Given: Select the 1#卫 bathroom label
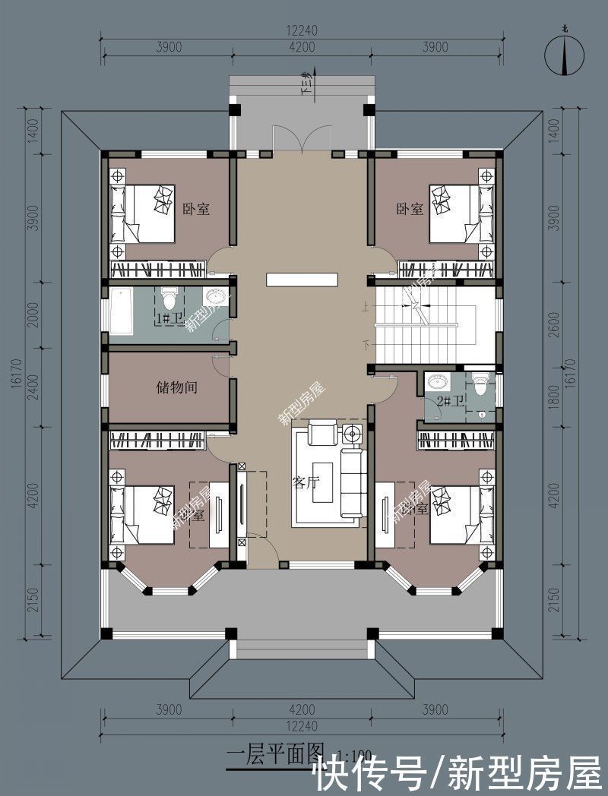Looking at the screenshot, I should (169, 320).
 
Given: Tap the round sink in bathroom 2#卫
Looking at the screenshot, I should (436, 382).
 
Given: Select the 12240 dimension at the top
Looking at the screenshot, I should (301, 31).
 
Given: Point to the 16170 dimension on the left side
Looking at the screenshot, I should (16, 374).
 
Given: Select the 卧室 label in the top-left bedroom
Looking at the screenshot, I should (196, 208).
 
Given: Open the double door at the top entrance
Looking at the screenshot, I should (302, 139).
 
